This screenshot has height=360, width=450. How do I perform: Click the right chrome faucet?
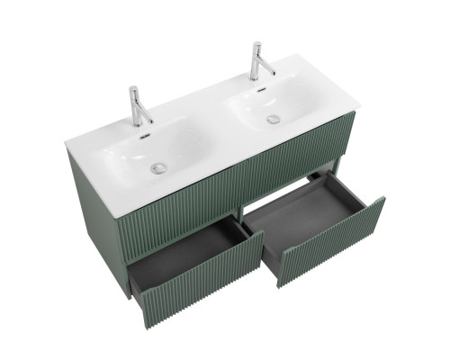(259, 62)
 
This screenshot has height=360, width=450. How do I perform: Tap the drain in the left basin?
(158, 166)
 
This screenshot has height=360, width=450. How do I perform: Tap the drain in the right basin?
(273, 119)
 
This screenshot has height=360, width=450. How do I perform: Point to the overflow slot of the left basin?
(142, 136)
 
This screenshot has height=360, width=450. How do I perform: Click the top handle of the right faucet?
(256, 46)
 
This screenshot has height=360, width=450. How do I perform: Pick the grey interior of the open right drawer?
(301, 212)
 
